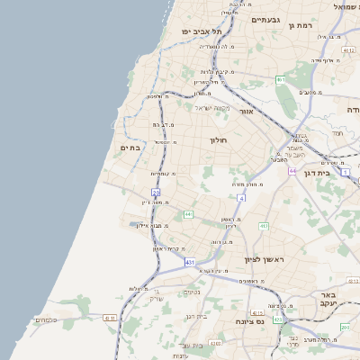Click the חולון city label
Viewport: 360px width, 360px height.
pyautogui.click(x=220, y=140)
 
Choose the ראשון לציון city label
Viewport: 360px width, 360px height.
pyautogui.click(x=263, y=259)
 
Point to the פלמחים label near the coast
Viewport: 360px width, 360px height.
pyautogui.click(x=46, y=319)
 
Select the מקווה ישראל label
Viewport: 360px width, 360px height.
pyautogui.click(x=212, y=109)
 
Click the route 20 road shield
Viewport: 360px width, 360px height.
pyautogui.click(x=156, y=192)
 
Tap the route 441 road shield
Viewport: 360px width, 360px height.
pyautogui.click(x=188, y=214)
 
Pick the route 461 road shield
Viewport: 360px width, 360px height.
pyautogui.click(x=281, y=80)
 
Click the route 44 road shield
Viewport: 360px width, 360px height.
pyautogui.click(x=292, y=169)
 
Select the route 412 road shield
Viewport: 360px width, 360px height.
pyautogui.click(x=265, y=226)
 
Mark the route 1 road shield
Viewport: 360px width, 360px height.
pyautogui.click(x=345, y=171)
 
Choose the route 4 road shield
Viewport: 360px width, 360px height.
pyautogui.click(x=241, y=197)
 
